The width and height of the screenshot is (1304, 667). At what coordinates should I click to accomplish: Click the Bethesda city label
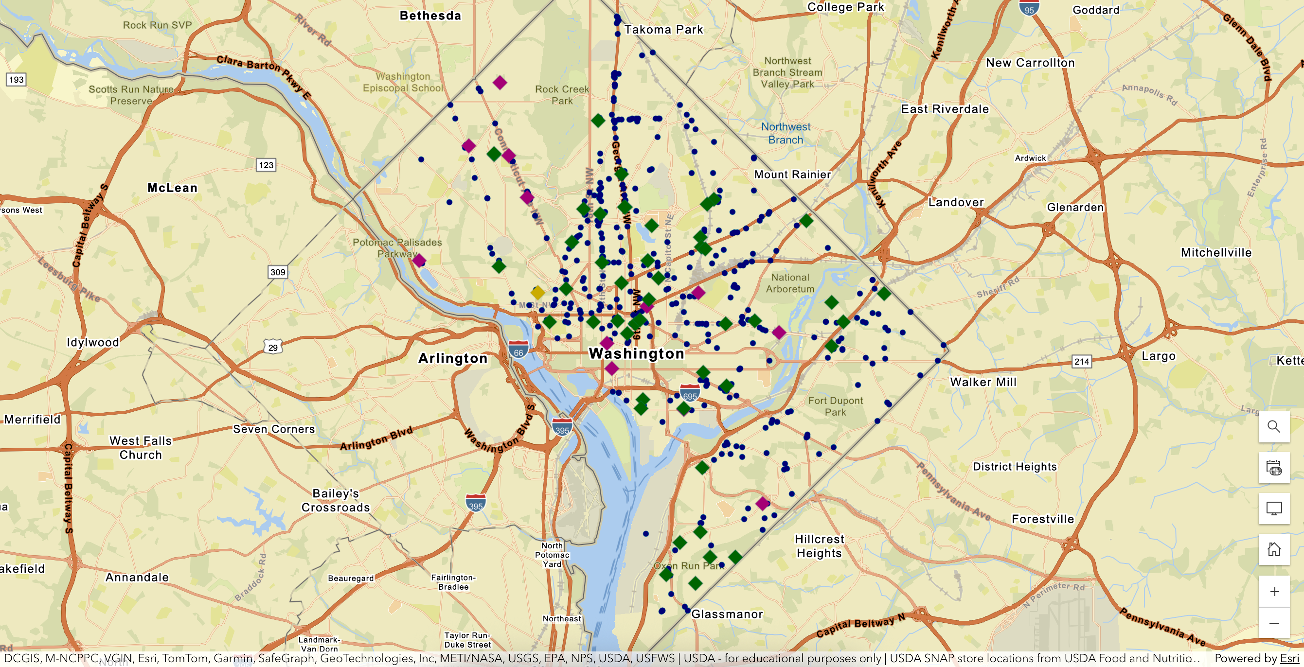(x=430, y=16)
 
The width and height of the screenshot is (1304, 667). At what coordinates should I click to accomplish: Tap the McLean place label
(x=172, y=188)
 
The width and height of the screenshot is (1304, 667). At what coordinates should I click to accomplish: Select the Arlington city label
(x=452, y=358)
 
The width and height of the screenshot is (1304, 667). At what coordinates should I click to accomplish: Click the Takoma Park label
(x=663, y=29)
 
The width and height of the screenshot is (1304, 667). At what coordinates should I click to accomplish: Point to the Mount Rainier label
(x=792, y=175)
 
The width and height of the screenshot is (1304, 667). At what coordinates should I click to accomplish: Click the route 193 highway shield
(x=16, y=79)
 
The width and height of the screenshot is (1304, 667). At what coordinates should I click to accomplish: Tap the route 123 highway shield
(x=266, y=165)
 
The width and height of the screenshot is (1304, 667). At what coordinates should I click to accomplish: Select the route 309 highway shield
(x=277, y=272)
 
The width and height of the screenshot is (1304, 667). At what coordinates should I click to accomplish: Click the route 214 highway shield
(x=1082, y=361)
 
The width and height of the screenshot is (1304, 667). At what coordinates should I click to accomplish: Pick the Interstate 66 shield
(x=518, y=350)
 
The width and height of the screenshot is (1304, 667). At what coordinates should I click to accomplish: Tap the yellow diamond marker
(x=537, y=292)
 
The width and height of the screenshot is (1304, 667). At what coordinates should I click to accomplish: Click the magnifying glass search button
(x=1274, y=427)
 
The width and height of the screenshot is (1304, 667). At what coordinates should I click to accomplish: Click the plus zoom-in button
(x=1274, y=592)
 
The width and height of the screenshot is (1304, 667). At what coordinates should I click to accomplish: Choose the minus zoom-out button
(x=1274, y=623)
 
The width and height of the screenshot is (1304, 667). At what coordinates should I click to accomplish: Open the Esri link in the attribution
(x=1289, y=658)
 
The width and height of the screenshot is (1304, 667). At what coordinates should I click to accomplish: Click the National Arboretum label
(x=790, y=283)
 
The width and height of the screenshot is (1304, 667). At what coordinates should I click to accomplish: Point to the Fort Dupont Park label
(x=835, y=406)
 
